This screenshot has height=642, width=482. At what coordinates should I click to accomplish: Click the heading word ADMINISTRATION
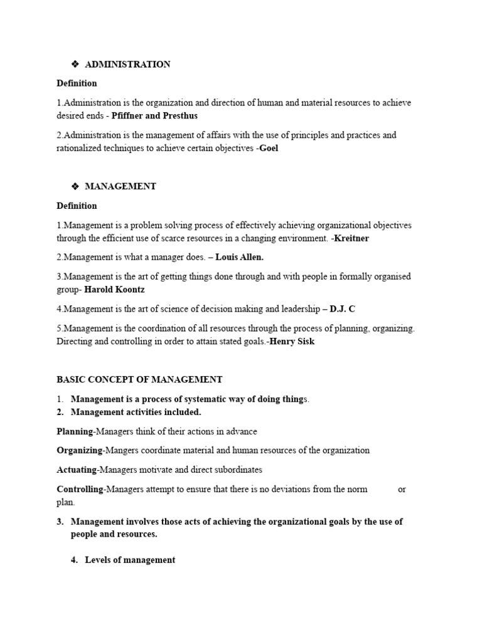tap(127, 65)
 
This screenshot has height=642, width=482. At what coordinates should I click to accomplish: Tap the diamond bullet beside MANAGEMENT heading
tap(75, 186)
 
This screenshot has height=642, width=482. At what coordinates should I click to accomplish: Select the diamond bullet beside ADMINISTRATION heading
tap(75, 65)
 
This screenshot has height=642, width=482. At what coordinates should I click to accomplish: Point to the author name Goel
tap(269, 149)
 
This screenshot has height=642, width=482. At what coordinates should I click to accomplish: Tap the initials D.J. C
tap(343, 309)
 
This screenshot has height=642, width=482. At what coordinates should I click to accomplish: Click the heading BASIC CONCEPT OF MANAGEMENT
tap(139, 379)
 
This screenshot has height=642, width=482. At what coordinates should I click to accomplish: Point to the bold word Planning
tap(75, 431)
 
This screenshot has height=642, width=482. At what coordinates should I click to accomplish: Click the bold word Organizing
tap(79, 450)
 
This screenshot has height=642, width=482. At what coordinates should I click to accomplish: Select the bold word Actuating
tap(77, 470)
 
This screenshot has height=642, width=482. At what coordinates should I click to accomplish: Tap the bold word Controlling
tap(80, 489)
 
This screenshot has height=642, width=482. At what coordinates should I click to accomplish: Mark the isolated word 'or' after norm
tap(402, 489)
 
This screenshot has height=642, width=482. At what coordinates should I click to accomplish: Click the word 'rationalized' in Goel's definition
tap(81, 149)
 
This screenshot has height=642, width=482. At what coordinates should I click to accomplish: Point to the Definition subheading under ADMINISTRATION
tap(77, 83)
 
